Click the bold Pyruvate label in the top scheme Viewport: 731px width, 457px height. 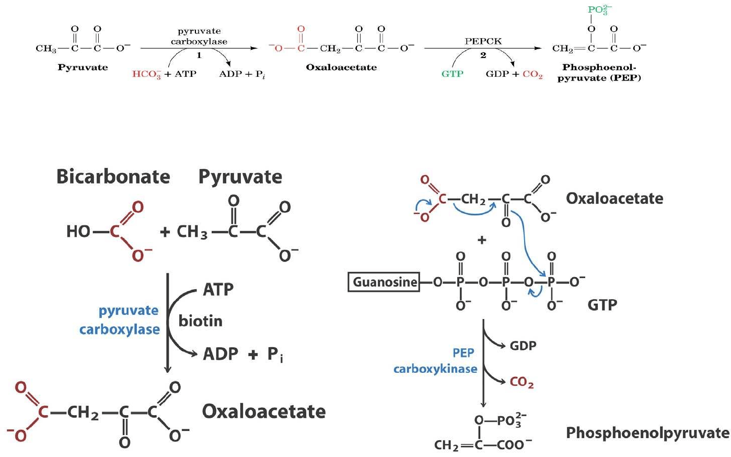click(x=83, y=67)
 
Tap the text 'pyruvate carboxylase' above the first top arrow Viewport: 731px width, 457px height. click(x=199, y=36)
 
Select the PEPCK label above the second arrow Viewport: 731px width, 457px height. click(x=483, y=41)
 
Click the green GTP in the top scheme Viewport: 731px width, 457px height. click(x=452, y=74)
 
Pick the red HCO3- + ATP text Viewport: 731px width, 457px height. click(x=164, y=74)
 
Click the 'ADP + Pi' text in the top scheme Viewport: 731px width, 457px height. click(x=242, y=74)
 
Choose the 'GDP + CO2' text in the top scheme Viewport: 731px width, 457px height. click(x=514, y=74)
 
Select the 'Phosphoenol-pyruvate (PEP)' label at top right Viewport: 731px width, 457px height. click(x=599, y=73)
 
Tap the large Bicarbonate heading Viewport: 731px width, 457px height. click(x=113, y=176)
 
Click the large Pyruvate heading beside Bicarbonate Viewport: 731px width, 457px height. click(x=240, y=176)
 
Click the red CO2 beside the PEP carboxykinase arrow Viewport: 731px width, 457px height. click(x=521, y=382)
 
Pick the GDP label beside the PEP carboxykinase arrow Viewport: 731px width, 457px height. click(x=523, y=346)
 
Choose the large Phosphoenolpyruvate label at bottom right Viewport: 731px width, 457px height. click(x=647, y=432)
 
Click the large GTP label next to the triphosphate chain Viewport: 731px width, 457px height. click(x=602, y=304)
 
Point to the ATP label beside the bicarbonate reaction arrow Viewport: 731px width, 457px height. click(x=218, y=289)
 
